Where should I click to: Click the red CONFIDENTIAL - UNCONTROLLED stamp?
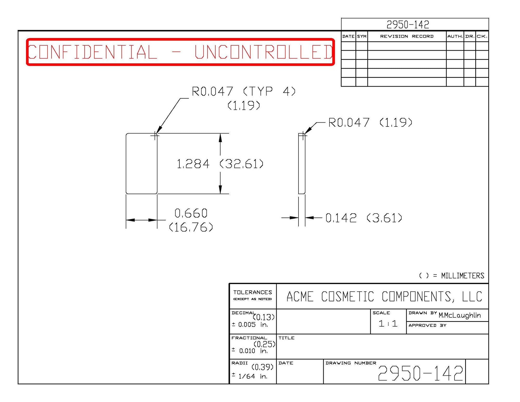click(180, 52)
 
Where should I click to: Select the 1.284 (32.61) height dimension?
click(220, 164)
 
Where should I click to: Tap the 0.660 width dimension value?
click(191, 213)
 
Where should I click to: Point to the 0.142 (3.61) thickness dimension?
click(363, 218)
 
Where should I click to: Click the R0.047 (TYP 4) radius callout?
click(244, 92)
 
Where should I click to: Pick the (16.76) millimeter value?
click(191, 227)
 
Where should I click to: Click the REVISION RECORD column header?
click(407, 36)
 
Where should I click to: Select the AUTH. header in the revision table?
click(455, 36)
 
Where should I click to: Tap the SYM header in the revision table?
click(362, 36)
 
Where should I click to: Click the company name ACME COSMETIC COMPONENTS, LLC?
click(384, 297)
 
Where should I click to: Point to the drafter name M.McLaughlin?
click(459, 315)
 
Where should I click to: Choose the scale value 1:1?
click(388, 324)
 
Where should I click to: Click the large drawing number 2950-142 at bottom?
click(420, 373)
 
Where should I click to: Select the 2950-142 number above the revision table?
click(408, 25)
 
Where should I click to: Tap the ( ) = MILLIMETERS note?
click(452, 276)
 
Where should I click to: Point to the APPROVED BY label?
click(427, 326)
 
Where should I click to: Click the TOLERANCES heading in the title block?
click(252, 292)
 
